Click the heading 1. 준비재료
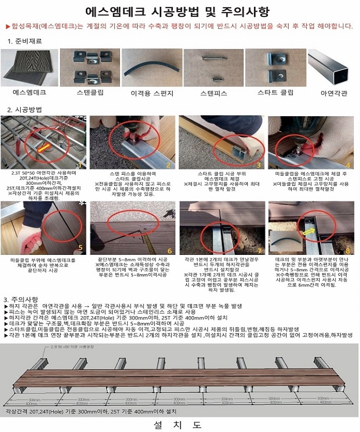[24, 41]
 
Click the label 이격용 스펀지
[152, 93]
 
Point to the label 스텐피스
[214, 93]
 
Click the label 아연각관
[333, 93]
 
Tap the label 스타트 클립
[276, 91]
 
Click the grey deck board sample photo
[29, 67]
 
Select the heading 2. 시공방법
[24, 109]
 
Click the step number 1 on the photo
[80, 165]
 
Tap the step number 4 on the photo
[348, 165]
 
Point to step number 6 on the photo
[169, 251]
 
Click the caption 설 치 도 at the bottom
[178, 425]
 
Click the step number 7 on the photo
[259, 251]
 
